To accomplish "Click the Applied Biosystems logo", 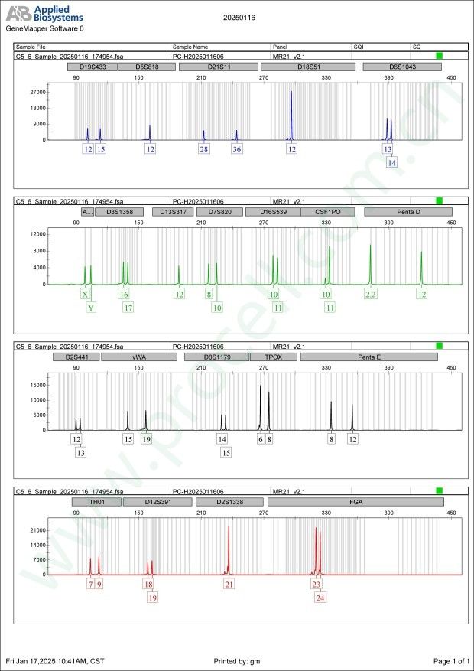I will tap(44, 14).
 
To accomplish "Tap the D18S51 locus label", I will tap(308, 67).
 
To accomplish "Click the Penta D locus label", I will tap(408, 211).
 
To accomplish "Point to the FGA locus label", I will tap(356, 502).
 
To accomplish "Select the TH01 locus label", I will tap(96, 502).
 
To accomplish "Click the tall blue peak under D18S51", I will tap(291, 115).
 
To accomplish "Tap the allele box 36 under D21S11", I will tap(237, 149).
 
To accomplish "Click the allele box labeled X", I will tap(85, 294).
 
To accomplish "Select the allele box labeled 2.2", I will tap(371, 294).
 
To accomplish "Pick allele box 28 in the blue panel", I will tap(204, 149).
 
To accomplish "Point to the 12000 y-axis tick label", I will tap(37, 233).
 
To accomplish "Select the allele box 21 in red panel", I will tap(229, 584).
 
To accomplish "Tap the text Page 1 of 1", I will tap(450, 660).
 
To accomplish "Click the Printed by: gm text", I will tap(237, 660).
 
